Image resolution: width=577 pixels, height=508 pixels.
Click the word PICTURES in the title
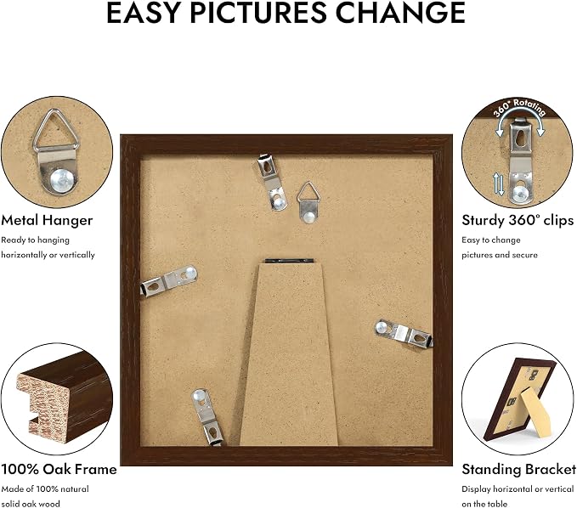click(258, 13)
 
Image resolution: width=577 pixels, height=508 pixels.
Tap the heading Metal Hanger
click(47, 220)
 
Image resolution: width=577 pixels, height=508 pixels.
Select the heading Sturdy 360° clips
click(518, 220)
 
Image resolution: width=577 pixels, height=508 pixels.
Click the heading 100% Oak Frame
click(59, 470)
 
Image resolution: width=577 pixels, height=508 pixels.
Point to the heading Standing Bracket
click(519, 470)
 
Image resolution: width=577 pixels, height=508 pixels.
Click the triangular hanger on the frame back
click(308, 202)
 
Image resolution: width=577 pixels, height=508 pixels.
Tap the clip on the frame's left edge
click(169, 281)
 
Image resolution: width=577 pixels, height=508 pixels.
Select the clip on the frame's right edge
click(404, 333)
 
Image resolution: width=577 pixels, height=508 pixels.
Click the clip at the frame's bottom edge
click(208, 417)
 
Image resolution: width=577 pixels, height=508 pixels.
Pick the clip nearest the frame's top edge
click(272, 183)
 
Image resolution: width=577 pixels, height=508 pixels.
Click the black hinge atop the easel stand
click(289, 261)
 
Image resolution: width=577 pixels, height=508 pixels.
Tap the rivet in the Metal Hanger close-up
click(63, 180)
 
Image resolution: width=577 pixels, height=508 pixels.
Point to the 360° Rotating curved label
click(519, 108)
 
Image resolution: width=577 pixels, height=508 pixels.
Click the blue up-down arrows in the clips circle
click(498, 184)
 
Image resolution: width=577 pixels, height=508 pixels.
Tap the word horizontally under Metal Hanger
click(21, 255)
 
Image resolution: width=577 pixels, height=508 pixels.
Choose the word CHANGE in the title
click(401, 13)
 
